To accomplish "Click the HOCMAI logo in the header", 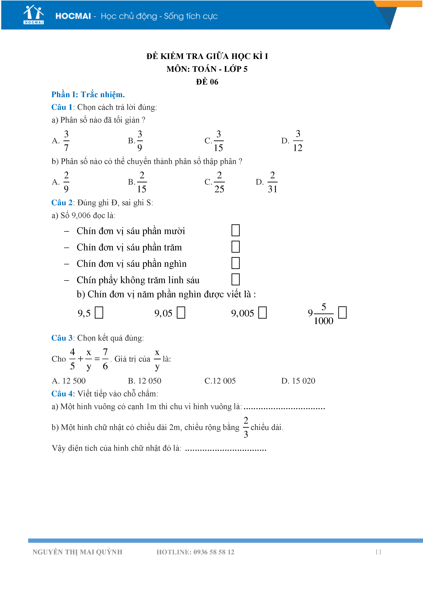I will click(x=34, y=15).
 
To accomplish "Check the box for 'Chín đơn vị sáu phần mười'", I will click(x=235, y=230).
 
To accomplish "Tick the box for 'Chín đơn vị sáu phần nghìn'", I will click(x=235, y=263).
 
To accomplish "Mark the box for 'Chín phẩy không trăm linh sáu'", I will click(x=235, y=279).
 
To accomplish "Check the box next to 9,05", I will click(x=181, y=312).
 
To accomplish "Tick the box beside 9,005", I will click(x=262, y=312).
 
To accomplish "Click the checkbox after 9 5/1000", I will click(x=342, y=312).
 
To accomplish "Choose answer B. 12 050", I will click(x=145, y=381).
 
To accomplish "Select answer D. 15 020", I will click(x=298, y=381).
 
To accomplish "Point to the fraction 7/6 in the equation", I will click(x=105, y=359).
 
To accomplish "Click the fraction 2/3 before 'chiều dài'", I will click(x=246, y=427).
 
